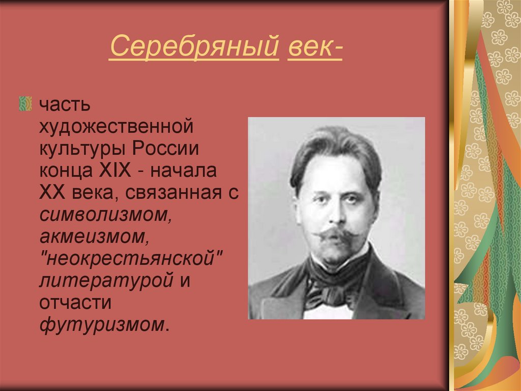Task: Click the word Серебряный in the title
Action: pos(194,48)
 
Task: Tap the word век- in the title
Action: pos(314,48)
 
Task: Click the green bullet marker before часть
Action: pos(25,104)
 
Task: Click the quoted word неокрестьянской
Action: pos(132,258)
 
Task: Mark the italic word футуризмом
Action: pos(102,324)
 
